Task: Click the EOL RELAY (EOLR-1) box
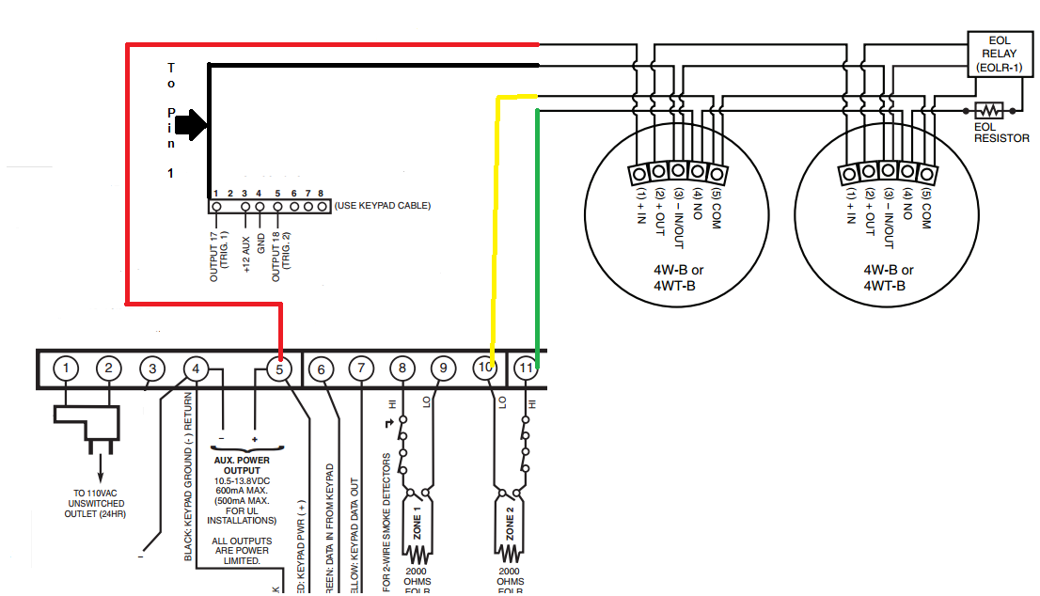pos(1001,55)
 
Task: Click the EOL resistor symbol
pos(990,109)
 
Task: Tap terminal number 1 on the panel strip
pos(66,369)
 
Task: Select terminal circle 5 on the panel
pos(280,369)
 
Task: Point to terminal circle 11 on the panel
pos(528,369)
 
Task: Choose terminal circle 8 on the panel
pos(402,369)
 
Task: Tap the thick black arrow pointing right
pos(191,123)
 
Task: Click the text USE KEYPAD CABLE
pos(383,205)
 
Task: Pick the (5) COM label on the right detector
pos(926,210)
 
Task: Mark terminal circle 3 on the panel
pos(151,369)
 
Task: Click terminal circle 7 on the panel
pos(362,369)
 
